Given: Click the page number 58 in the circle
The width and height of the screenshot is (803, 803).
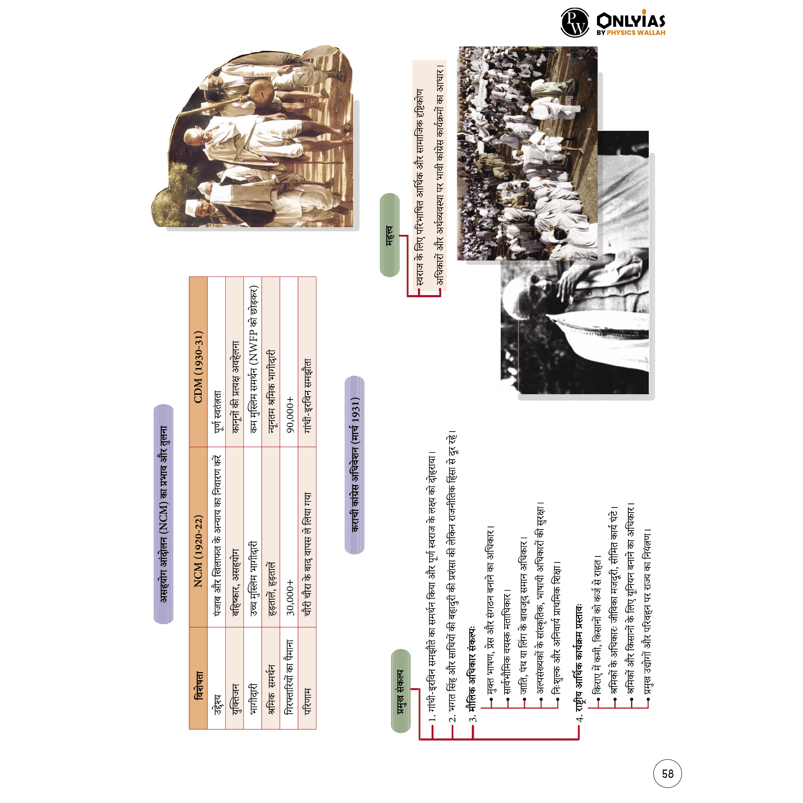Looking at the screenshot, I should tap(667, 774).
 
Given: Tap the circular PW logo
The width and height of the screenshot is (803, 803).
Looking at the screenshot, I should tap(574, 22).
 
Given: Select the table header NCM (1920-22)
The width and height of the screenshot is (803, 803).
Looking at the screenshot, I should tap(198, 551).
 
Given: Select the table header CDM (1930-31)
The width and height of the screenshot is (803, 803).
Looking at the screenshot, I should tap(198, 367).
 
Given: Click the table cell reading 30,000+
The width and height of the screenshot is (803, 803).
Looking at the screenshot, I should tap(290, 598).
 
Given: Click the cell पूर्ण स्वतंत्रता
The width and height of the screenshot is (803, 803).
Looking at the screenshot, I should tap(216, 412).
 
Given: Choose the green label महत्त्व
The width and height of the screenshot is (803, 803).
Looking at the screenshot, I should tap(389, 235).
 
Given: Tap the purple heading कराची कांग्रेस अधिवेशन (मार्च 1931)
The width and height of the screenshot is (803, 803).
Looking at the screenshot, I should tap(355, 465).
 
